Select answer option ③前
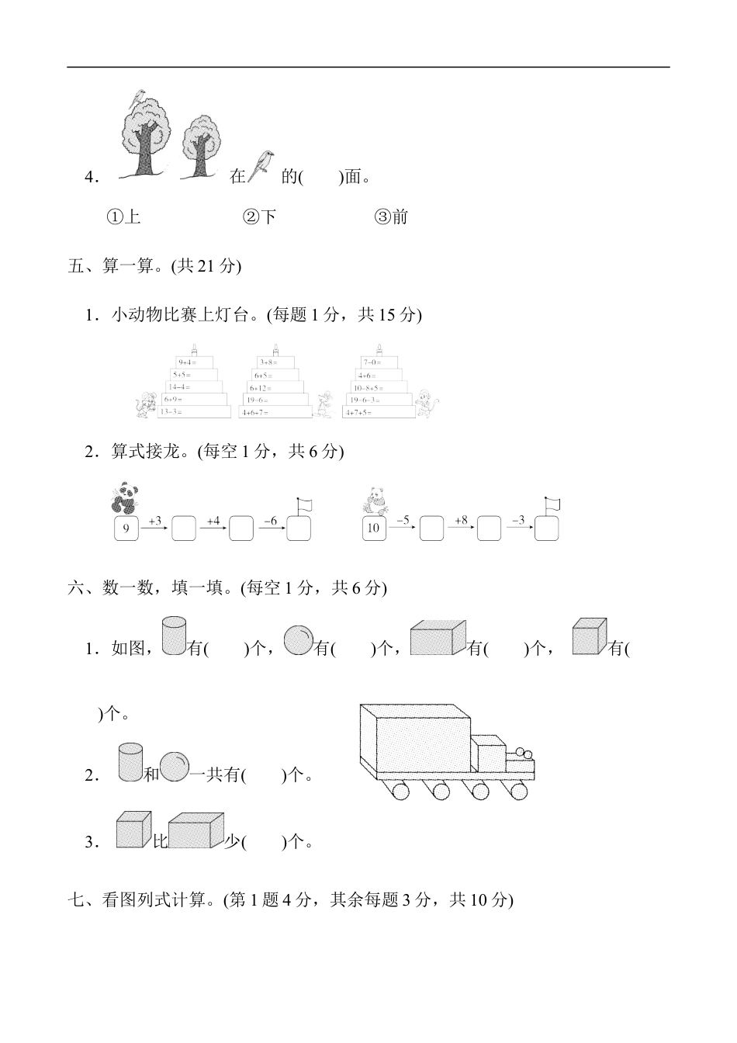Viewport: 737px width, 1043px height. point(391,217)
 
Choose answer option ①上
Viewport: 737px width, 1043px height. point(123,217)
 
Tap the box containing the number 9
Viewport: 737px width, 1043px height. point(126,528)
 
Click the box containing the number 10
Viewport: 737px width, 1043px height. point(374,528)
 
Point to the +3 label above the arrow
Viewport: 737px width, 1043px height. point(154,520)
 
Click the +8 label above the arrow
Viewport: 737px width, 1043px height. point(461,520)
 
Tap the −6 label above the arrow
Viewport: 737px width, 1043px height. point(270,520)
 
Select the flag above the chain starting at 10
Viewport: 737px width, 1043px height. point(552,504)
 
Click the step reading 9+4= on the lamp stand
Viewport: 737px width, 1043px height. point(189,362)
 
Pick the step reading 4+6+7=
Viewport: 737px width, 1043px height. point(257,412)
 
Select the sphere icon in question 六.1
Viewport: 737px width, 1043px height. point(298,641)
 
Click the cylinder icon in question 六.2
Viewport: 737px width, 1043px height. point(130,762)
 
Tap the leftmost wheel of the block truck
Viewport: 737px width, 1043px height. point(400,791)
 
